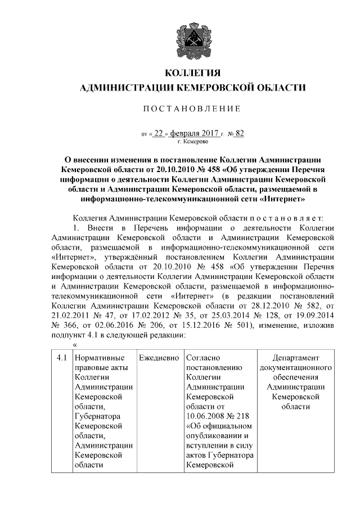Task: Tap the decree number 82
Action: [240, 134]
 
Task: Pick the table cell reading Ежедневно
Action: [159, 358]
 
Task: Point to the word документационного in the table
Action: [295, 368]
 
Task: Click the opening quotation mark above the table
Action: [75, 345]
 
